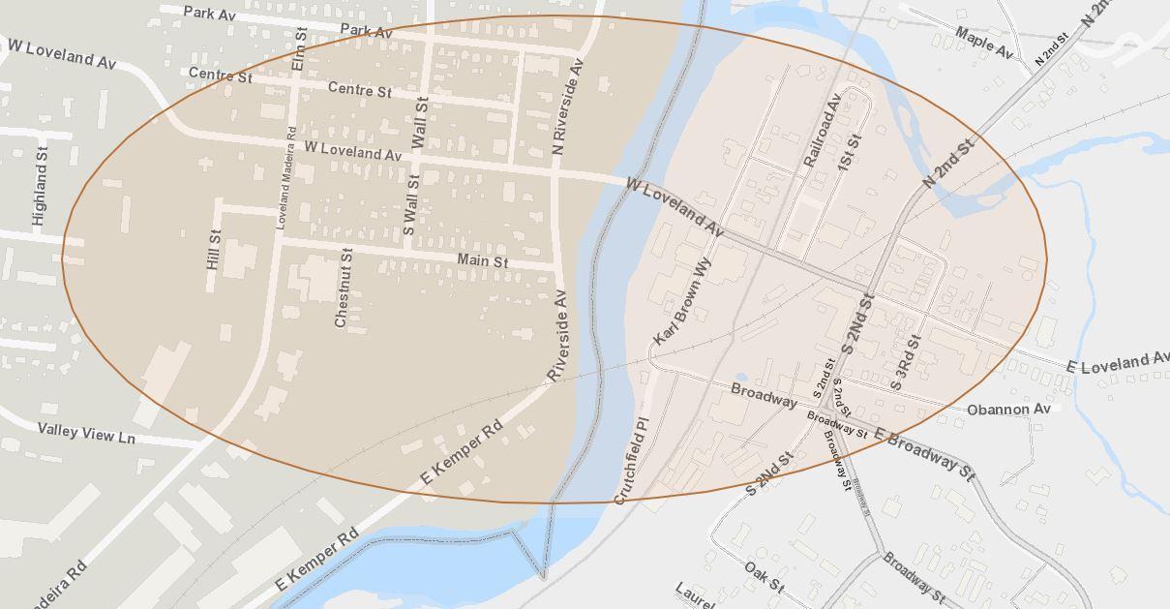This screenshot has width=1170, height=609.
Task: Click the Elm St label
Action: pos(299,49)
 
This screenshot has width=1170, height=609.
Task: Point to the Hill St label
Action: pos(214,249)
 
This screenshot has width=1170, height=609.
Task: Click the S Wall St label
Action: pos(410,204)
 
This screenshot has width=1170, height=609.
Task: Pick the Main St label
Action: pos(482,260)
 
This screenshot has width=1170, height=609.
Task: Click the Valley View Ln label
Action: pos(86,433)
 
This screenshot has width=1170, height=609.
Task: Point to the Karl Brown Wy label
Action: pos(683,301)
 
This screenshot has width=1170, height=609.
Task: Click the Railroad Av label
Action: pos(822,131)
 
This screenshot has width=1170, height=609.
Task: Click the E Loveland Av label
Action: pos(1117,363)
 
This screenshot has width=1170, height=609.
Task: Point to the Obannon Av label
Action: pos(1008,410)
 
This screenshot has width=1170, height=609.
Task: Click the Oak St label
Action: pos(764,575)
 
